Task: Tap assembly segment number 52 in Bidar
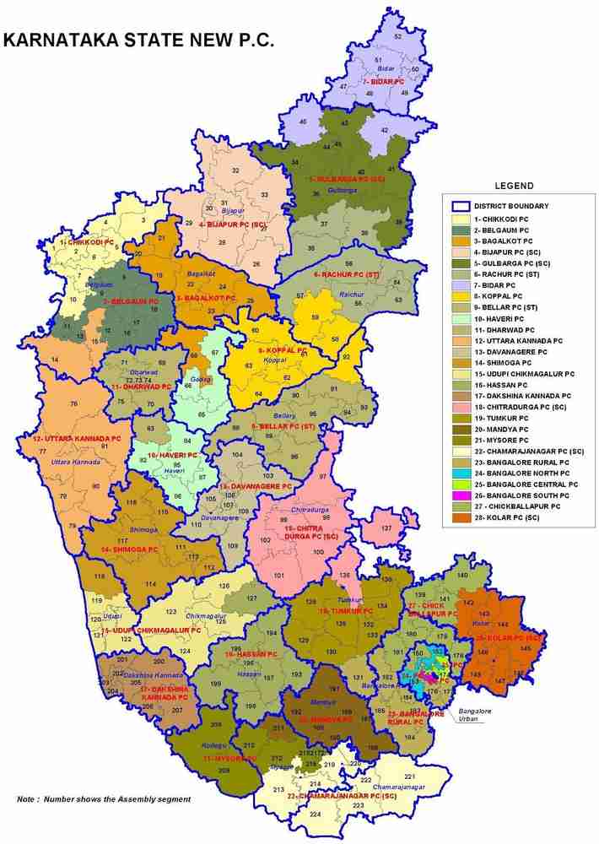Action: click(397, 37)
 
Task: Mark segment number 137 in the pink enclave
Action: click(386, 527)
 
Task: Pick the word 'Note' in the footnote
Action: click(30, 798)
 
